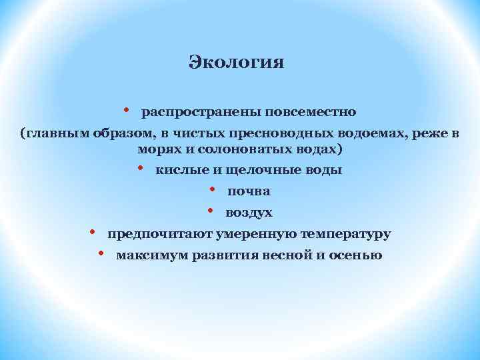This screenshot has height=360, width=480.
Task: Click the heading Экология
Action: [x=237, y=63]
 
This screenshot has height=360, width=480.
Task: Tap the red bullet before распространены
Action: [x=126, y=109]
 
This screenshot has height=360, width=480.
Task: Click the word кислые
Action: [x=177, y=170]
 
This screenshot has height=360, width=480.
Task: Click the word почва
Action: [x=249, y=191]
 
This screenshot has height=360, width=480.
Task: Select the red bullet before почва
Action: [x=211, y=189]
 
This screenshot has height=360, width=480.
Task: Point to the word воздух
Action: [x=249, y=213]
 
